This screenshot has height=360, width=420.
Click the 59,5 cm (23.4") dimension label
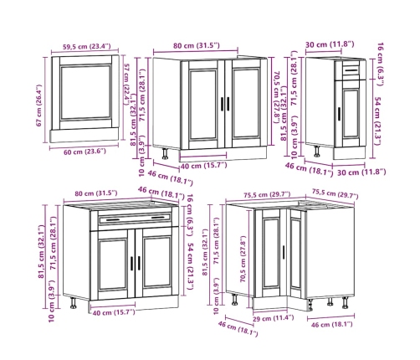coord(86,46)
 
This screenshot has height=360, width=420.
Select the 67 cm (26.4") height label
coord(39,105)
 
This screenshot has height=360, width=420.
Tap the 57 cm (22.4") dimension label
coord(126,85)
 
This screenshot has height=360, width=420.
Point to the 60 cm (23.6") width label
coord(85,152)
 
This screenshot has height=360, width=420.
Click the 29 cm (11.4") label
coord(273,317)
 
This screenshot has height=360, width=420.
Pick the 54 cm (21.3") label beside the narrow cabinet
coord(377,121)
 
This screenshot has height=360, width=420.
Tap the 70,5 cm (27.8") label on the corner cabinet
coord(243,259)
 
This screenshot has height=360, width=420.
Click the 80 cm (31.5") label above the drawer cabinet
coord(96,193)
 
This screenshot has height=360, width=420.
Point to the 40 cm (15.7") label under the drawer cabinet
coord(114,312)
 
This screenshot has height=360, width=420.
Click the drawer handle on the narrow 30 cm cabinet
coord(351,70)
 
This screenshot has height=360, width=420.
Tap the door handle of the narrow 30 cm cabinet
coord(339,114)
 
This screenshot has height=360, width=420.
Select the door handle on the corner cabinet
coord(284,252)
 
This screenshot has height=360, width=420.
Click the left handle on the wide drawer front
coord(113,220)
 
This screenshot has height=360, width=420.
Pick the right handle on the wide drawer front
coord(158,218)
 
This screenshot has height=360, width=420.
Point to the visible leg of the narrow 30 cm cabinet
coord(317,151)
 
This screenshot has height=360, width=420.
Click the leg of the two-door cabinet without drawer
coord(165,153)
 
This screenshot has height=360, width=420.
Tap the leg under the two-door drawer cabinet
coord(74,303)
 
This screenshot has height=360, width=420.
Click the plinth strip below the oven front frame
coord(85,136)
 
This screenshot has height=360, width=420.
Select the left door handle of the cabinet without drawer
coord(223,104)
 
